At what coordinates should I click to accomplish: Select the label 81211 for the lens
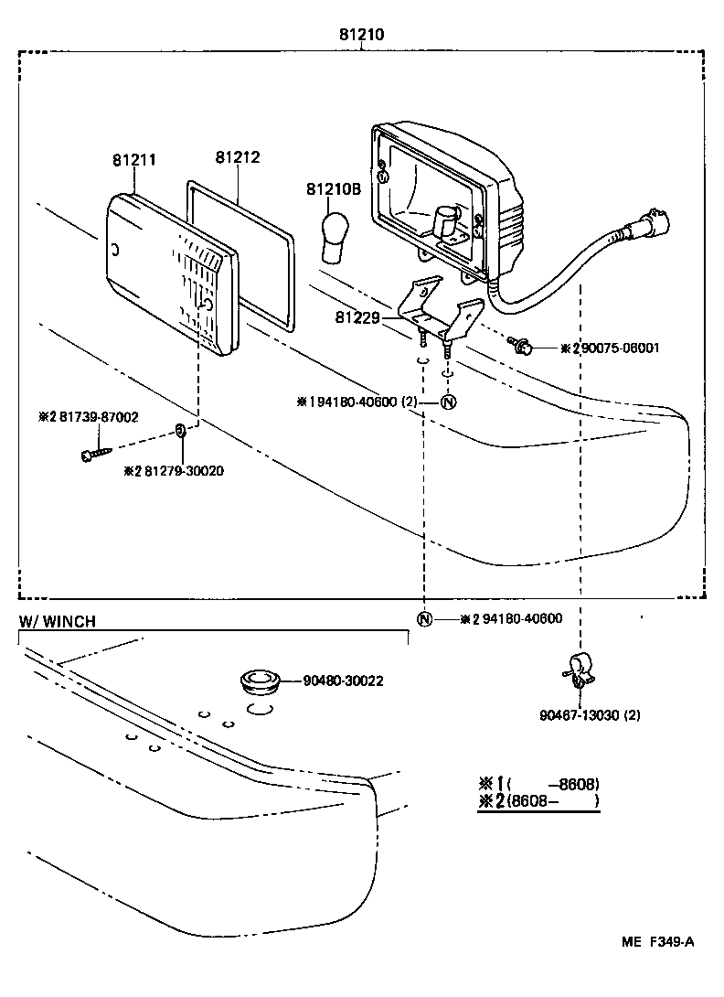pyautogui.click(x=134, y=159)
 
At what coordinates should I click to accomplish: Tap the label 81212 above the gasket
pyautogui.click(x=238, y=156)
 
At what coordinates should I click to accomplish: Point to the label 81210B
pyautogui.click(x=334, y=189)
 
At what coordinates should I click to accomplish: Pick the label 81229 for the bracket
pyautogui.click(x=356, y=317)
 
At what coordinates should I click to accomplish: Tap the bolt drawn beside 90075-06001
pyautogui.click(x=522, y=346)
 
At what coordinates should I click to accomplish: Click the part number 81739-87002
pyautogui.click(x=89, y=416)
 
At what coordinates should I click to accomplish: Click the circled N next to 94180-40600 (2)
pyautogui.click(x=447, y=402)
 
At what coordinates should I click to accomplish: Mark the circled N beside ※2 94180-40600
pyautogui.click(x=424, y=618)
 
